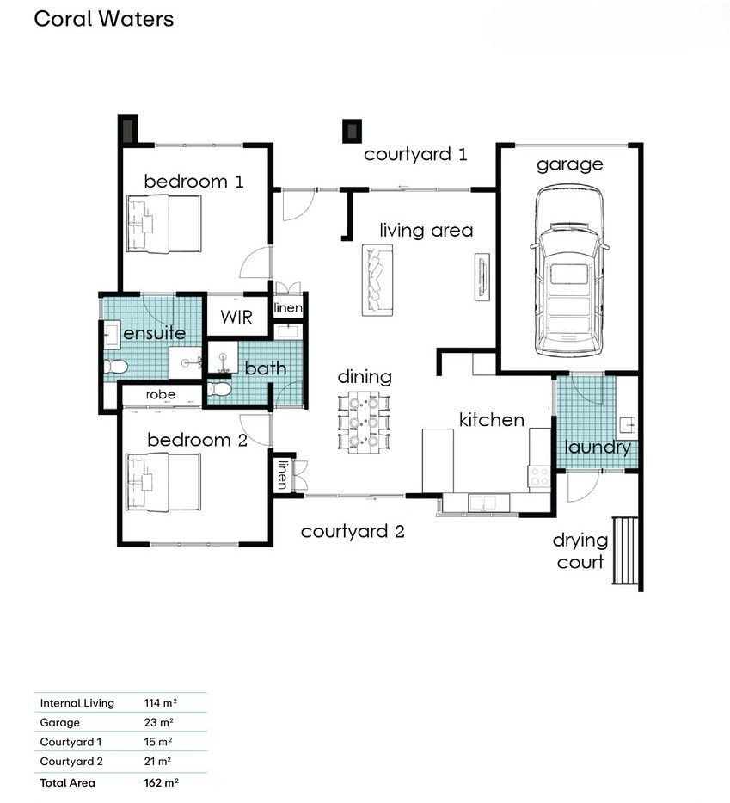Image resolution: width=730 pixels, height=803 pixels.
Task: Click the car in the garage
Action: click(569, 271)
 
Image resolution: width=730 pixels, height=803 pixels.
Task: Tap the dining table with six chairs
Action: click(364, 422)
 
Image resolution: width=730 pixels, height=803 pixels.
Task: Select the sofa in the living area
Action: click(377, 280)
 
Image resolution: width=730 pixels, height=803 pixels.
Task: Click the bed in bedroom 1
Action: click(163, 224)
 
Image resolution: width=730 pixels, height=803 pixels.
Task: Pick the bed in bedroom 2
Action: click(163, 483)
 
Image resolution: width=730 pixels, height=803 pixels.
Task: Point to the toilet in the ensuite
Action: click(115, 367)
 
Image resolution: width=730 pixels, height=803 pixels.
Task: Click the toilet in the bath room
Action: click(219, 389)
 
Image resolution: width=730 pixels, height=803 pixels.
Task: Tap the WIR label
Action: click(236, 317)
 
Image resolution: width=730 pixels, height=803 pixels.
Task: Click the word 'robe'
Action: click(161, 395)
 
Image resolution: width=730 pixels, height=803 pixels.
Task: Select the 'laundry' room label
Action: click(598, 447)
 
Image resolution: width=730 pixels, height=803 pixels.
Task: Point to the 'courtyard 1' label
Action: click(415, 154)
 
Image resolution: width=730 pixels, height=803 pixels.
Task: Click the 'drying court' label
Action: click(580, 551)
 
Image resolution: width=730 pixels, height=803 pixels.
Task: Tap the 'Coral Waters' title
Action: click(104, 19)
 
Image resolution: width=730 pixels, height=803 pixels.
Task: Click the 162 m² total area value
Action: click(161, 782)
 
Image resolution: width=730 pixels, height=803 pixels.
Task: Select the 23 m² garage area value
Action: click(158, 722)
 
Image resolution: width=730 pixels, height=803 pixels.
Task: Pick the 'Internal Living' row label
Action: click(77, 703)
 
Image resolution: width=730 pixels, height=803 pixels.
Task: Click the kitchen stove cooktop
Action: click(538, 476)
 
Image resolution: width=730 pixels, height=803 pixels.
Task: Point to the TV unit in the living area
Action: click(482, 276)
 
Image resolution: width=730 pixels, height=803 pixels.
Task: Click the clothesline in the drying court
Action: click(625, 551)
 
